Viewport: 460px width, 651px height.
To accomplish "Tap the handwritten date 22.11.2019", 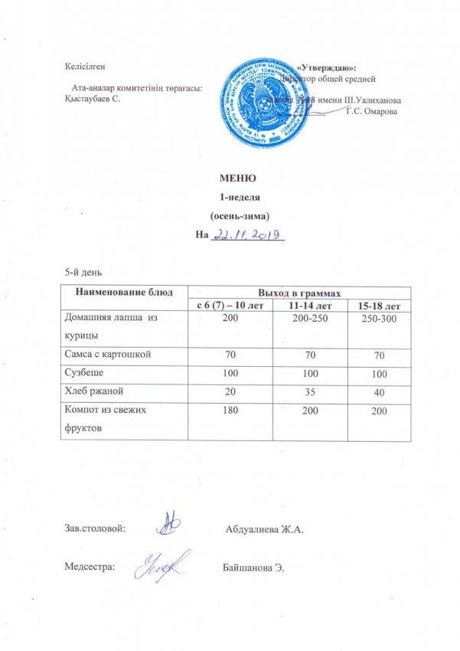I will [x=248, y=234].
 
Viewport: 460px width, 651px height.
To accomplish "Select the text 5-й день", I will [x=83, y=273].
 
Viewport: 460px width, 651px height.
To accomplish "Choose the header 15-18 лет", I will [x=375, y=306].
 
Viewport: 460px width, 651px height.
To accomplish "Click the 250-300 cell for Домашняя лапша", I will [x=375, y=319].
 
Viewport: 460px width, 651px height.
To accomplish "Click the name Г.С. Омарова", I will [x=372, y=113].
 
